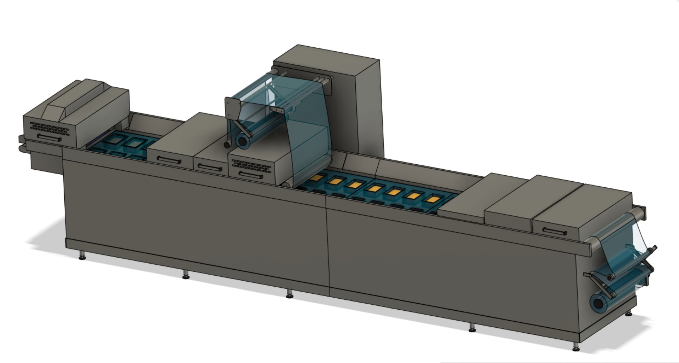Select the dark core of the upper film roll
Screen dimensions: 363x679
[242, 141]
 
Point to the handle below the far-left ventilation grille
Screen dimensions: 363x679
[49, 138]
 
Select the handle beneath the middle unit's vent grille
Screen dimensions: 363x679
[250, 175]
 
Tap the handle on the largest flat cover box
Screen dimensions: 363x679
[169, 160]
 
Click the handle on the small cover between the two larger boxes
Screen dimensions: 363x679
[210, 167]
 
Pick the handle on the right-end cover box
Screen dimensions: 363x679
[555, 232]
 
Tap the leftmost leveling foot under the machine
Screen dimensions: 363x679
[82, 255]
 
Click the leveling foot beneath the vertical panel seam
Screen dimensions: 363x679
[289, 294]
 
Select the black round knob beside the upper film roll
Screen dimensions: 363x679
[227, 145]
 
